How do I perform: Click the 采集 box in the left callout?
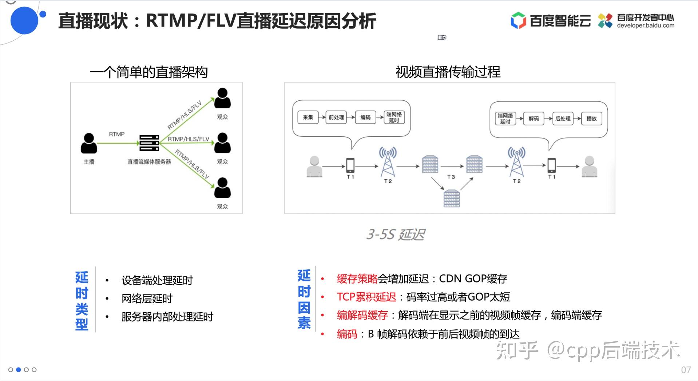click(308, 117)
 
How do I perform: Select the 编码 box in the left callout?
click(365, 117)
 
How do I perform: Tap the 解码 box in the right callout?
click(534, 119)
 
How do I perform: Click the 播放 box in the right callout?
click(591, 119)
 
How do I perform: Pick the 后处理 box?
click(563, 119)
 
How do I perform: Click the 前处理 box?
click(336, 117)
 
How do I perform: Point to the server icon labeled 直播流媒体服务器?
click(149, 143)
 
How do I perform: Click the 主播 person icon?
click(89, 143)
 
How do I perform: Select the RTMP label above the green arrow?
click(116, 134)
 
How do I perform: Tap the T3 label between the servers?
click(451, 177)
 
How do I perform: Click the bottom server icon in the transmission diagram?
click(451, 198)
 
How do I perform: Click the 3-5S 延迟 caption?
click(396, 234)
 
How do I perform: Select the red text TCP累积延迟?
click(366, 297)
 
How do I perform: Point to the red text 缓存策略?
click(357, 279)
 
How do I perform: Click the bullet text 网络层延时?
click(147, 299)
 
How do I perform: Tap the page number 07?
click(686, 370)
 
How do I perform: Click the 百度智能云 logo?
click(550, 20)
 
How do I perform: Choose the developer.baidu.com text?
click(645, 25)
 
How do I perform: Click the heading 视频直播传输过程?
click(448, 72)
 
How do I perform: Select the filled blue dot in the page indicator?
click(19, 370)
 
